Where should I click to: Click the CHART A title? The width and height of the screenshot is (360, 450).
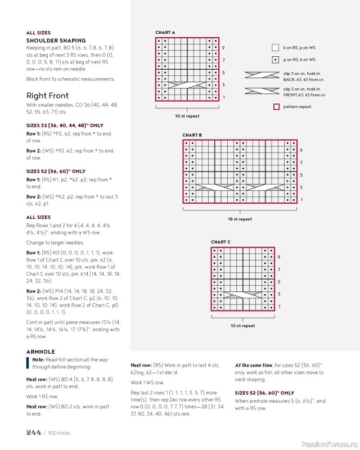point(165,33)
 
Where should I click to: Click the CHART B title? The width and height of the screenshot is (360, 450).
point(192,135)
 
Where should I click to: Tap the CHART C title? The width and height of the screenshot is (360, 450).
point(220,242)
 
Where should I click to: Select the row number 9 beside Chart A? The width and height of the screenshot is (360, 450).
point(223,48)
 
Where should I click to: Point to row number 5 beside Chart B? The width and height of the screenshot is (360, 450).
point(301,175)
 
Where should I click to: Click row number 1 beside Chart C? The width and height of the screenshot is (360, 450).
point(279,307)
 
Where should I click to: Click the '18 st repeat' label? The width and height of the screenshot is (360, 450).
point(240,219)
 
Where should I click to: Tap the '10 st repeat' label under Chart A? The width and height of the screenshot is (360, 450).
point(186,116)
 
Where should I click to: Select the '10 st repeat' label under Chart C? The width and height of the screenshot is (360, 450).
point(242,326)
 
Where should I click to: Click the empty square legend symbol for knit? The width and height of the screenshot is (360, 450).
point(276,48)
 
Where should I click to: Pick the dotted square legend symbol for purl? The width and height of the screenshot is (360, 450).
point(276,60)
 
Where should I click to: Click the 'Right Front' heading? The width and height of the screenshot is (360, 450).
point(48,96)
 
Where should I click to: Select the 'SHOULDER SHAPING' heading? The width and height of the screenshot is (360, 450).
point(56,40)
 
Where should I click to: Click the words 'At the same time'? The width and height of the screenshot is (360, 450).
point(253,365)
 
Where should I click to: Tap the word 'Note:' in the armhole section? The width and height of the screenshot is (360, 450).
point(38,359)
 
